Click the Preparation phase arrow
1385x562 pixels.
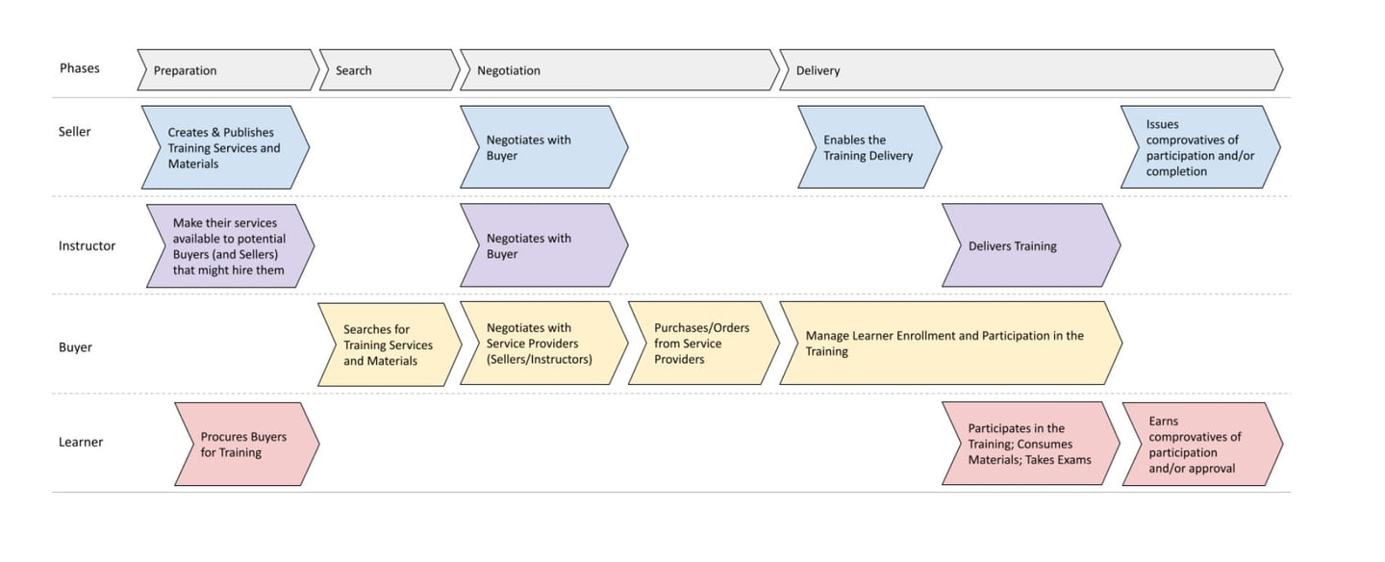click(227, 70)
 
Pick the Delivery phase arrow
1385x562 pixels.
click(1029, 70)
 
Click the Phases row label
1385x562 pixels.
click(79, 68)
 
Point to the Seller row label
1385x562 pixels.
click(75, 131)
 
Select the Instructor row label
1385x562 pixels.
click(87, 245)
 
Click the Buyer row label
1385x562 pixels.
click(75, 346)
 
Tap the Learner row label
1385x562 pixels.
click(81, 442)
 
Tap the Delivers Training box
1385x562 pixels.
click(1029, 245)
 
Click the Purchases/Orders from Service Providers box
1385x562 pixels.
click(702, 344)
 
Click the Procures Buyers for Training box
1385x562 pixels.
click(245, 445)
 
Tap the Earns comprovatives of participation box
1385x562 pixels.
click(1200, 445)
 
